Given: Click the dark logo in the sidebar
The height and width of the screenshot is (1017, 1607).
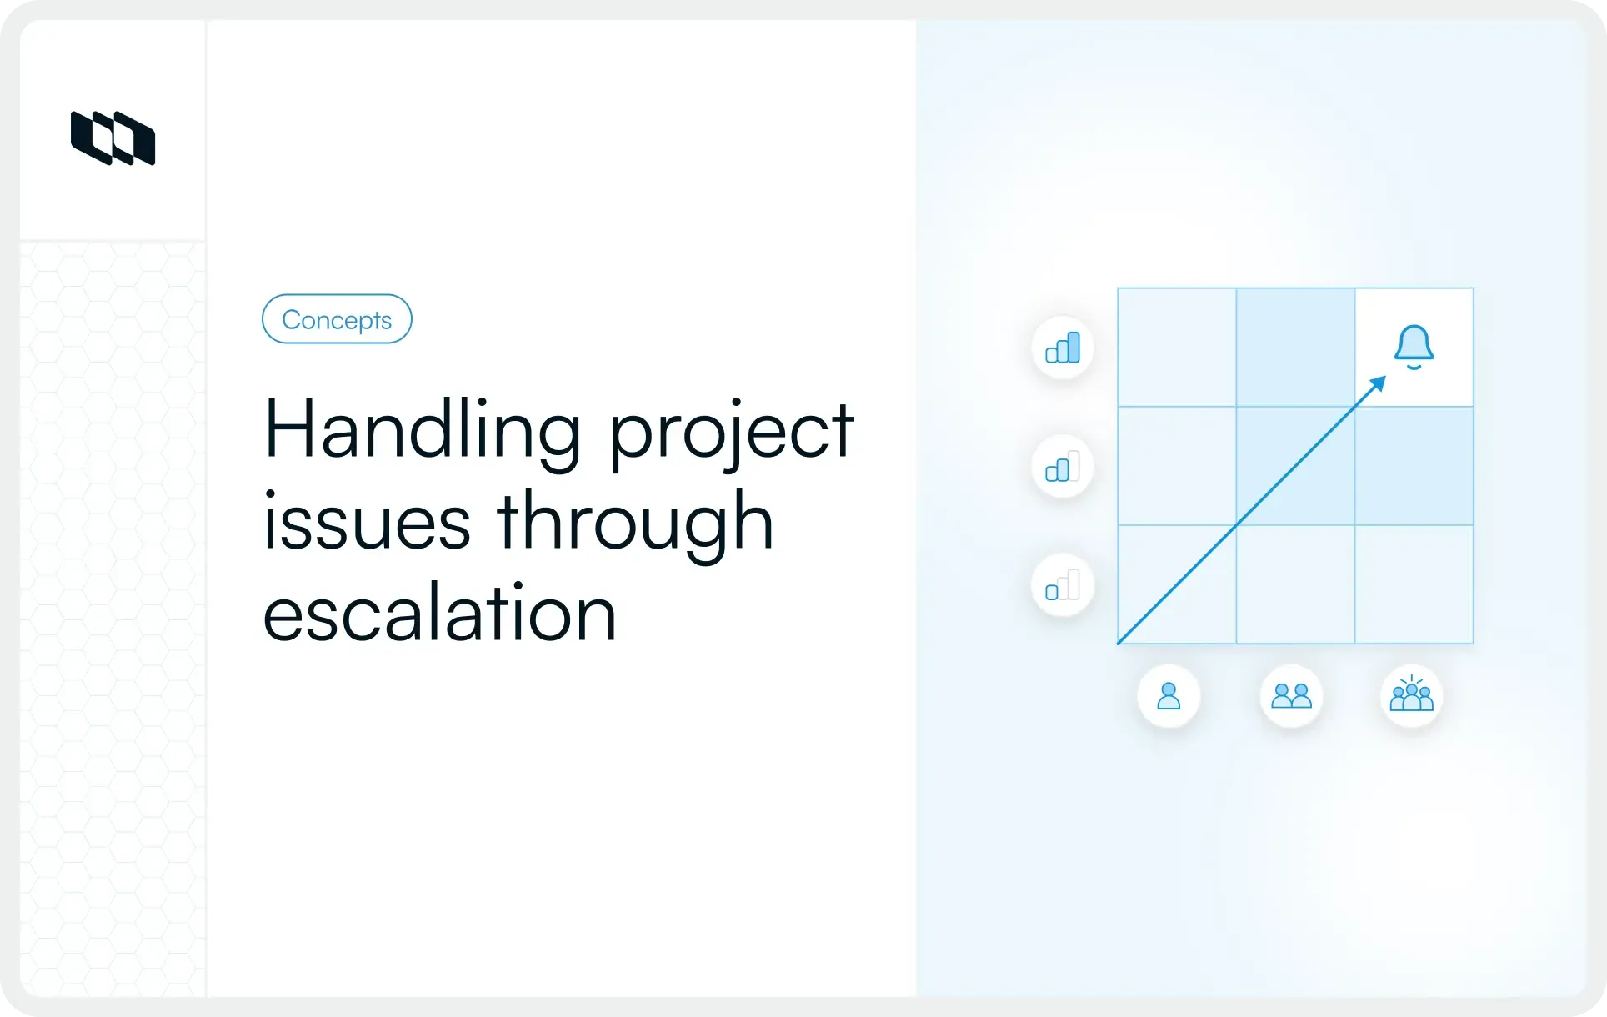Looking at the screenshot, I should [113, 138].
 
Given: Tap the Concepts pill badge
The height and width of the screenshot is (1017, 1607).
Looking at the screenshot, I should [337, 319].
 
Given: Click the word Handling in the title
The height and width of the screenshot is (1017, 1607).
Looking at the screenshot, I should [421, 431].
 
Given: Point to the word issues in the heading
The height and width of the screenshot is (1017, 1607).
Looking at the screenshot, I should [367, 523].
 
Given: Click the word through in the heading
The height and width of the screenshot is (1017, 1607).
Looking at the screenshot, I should [635, 523].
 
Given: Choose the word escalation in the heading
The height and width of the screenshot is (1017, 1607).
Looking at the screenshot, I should [439, 614].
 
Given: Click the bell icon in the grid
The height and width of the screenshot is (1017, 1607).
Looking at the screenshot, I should [1414, 347].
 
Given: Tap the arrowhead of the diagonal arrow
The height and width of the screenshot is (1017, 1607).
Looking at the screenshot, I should [1378, 383].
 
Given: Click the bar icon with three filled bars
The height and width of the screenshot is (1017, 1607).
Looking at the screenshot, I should [1063, 348].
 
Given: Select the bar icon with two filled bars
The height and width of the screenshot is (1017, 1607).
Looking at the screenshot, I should [1063, 467].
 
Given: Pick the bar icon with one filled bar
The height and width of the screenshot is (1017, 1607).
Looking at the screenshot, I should [1063, 585].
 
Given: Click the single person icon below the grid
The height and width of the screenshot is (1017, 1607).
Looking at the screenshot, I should [1169, 696].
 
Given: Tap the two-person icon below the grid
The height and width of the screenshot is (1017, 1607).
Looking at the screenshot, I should [1291, 696].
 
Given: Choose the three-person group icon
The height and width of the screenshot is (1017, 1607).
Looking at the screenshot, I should [1411, 696].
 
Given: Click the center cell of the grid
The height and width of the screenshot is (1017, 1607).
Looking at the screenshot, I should [1295, 466].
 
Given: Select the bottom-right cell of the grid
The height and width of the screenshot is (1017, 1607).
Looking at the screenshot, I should [1414, 584].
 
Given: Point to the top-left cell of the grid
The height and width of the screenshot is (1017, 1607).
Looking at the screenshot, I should [1177, 348].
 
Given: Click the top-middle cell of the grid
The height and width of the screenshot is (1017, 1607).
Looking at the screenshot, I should [1295, 348].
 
